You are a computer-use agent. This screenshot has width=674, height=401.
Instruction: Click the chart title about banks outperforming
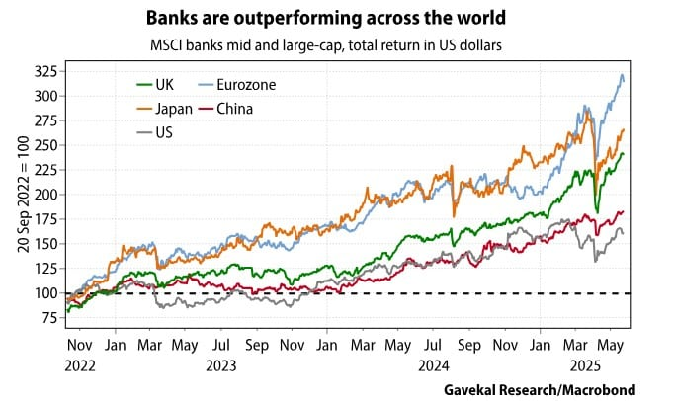coord(336,19)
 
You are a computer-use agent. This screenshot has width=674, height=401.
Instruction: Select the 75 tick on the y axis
coord(45,318)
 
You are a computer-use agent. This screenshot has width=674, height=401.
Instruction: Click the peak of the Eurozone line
coord(622,75)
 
